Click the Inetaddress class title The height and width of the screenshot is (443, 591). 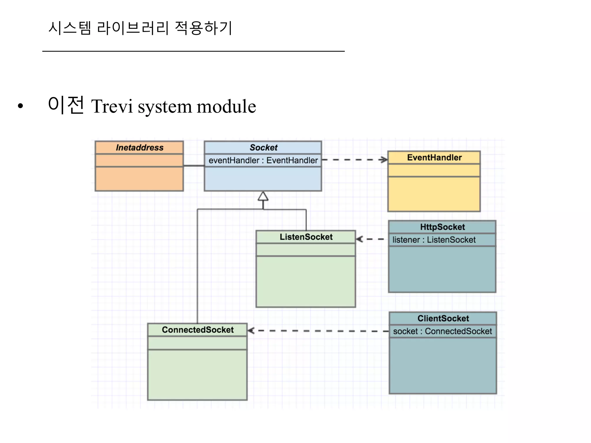(x=139, y=148)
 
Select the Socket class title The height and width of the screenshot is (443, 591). (x=263, y=148)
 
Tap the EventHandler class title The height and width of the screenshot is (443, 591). (x=434, y=157)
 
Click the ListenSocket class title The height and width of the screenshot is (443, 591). (x=306, y=237)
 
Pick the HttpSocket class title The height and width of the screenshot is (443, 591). (x=442, y=227)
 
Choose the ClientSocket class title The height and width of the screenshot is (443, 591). (x=443, y=318)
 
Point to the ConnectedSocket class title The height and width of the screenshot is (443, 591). (x=198, y=330)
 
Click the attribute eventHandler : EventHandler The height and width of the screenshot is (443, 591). (x=263, y=160)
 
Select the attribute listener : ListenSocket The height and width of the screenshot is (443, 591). (x=434, y=240)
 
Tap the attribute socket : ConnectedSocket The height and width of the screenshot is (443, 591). (x=442, y=331)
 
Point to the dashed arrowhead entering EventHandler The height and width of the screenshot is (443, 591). (x=384, y=159)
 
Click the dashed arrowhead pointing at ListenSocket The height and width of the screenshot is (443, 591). (x=360, y=239)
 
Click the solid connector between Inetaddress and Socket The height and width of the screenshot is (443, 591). (x=194, y=166)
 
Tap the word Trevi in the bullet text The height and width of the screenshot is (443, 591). (x=112, y=106)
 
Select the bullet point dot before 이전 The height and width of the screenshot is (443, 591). (x=20, y=106)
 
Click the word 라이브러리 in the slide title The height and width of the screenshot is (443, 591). (x=132, y=28)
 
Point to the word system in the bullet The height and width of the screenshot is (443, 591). (x=164, y=107)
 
